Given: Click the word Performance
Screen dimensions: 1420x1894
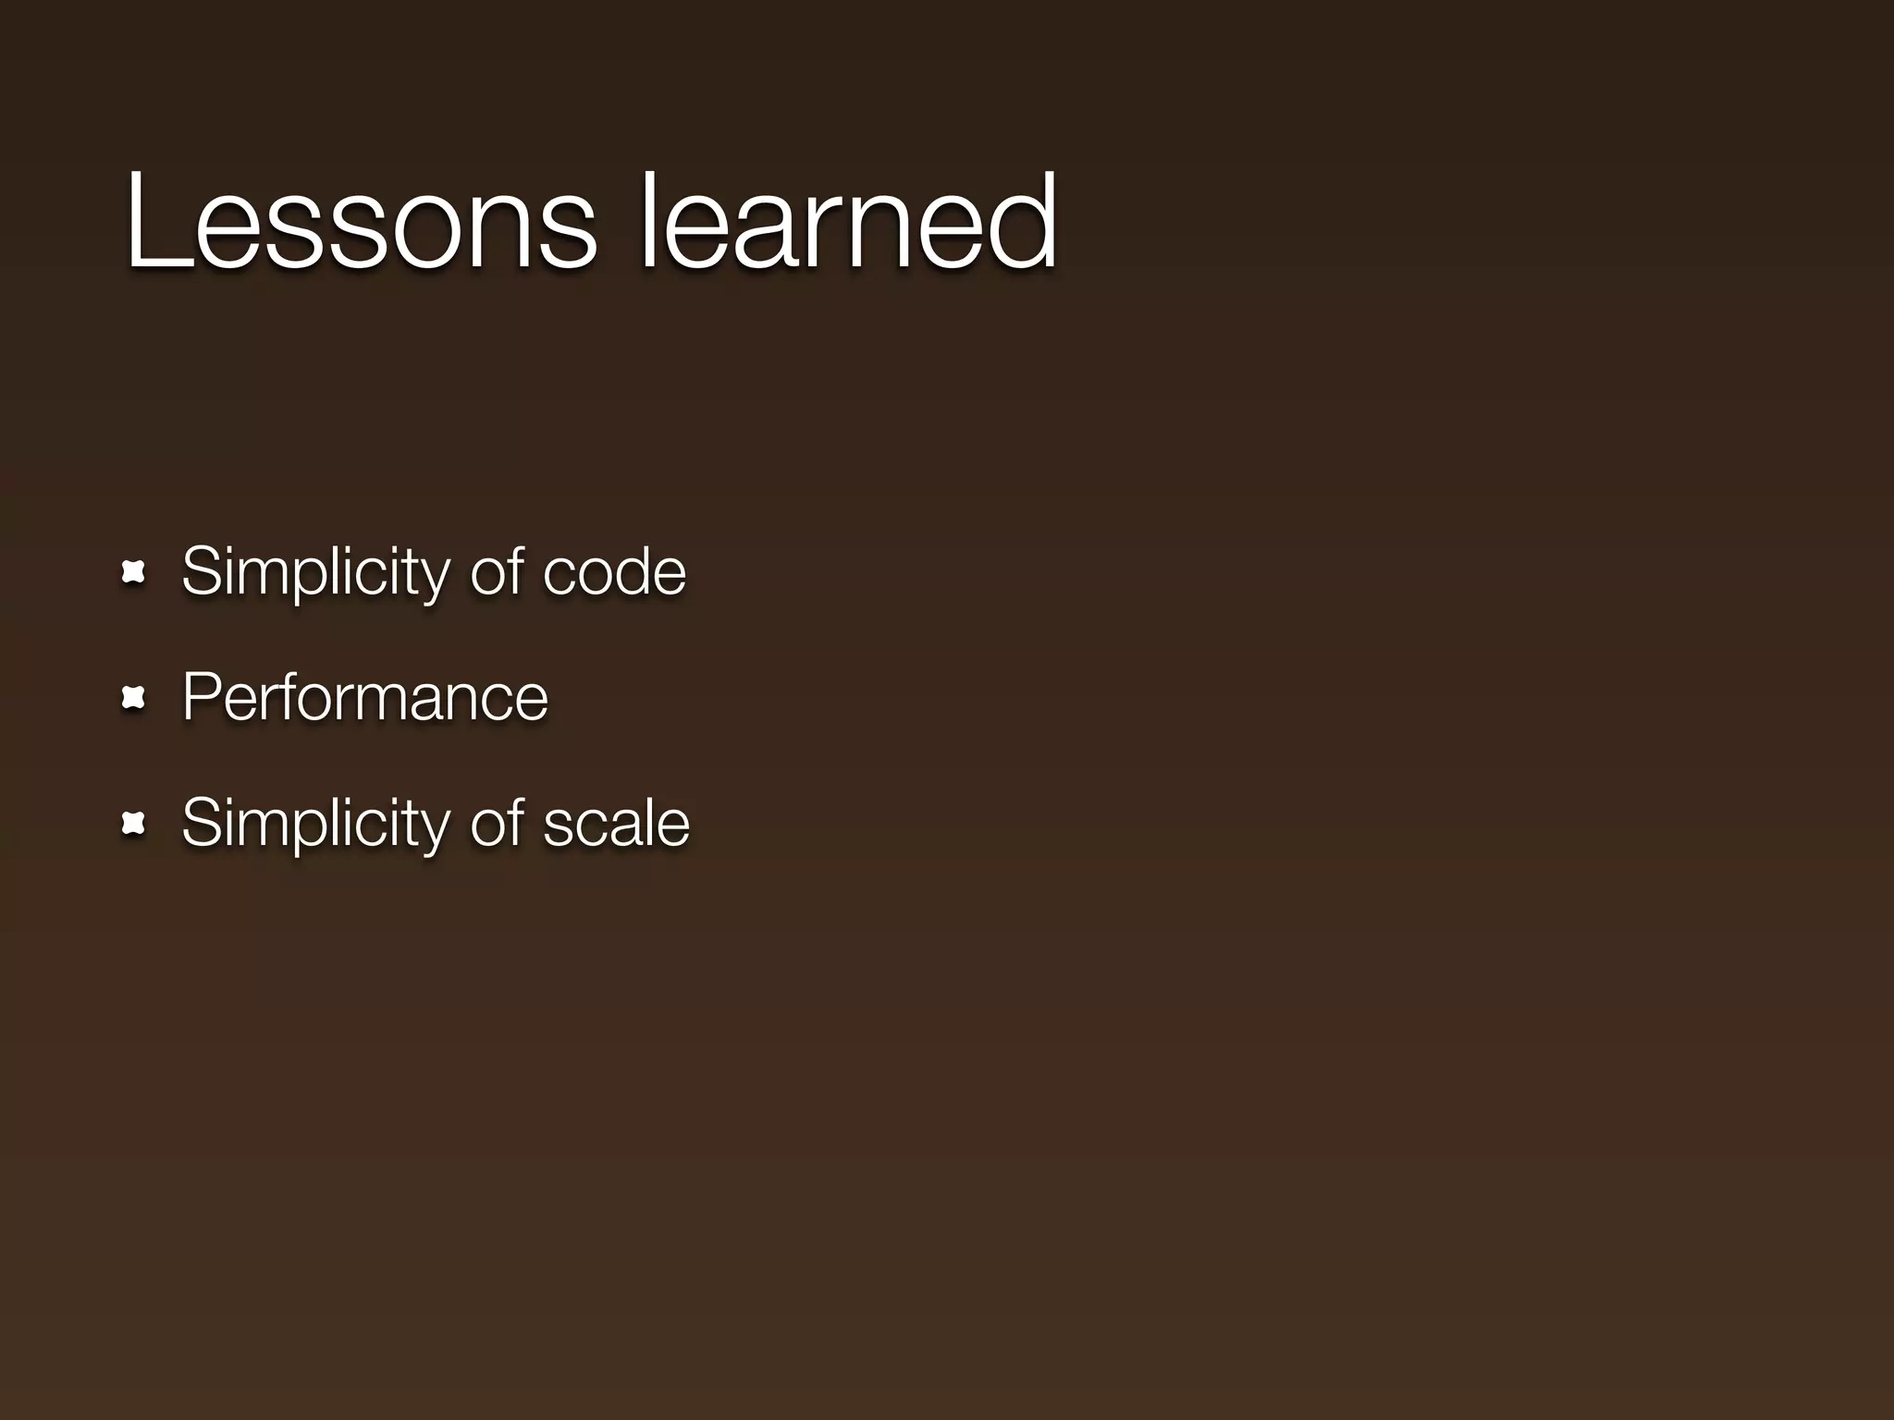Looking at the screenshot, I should click(365, 697).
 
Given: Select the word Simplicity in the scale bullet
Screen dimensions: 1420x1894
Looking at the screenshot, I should click(315, 824).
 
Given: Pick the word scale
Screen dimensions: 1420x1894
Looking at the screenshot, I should click(616, 824).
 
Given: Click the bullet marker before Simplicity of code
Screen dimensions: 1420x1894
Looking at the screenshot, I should click(134, 573).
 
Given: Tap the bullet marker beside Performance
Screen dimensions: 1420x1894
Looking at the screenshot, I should click(134, 698).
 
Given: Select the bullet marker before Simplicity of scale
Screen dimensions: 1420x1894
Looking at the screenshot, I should click(134, 824).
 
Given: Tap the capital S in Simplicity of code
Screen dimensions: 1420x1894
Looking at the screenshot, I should click(202, 571).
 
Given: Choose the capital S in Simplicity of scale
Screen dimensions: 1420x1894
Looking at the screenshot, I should click(202, 823).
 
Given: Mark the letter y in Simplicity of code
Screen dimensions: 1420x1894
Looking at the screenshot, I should click(435, 581).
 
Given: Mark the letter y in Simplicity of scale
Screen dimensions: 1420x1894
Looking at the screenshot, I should click(435, 831).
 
